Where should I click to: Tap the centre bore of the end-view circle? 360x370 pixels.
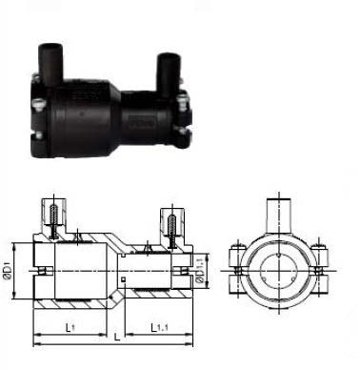pos(283,261)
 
